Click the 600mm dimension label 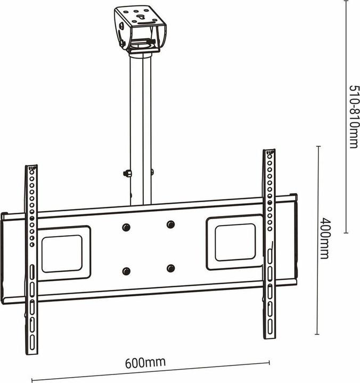click(x=145, y=363)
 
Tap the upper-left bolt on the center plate click(x=126, y=227)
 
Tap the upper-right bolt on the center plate click(x=170, y=224)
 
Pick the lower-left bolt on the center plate click(x=126, y=271)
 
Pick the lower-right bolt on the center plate click(x=170, y=268)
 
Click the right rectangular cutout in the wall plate click(x=235, y=242)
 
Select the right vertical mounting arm click(x=269, y=245)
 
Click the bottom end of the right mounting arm click(x=269, y=337)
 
